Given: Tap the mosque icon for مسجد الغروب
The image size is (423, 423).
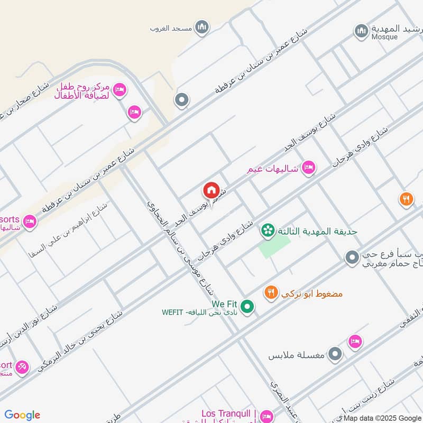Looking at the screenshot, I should point(201,27).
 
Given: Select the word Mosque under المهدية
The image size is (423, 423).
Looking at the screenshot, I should point(384,37).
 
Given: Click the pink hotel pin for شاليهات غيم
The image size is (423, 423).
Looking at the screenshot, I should point(308,169).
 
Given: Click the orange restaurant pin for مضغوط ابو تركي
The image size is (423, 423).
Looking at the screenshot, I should point(271,293).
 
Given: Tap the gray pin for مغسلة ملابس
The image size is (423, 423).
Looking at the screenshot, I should point(334,354).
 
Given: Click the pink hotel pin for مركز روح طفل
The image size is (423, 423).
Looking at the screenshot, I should point(119,90).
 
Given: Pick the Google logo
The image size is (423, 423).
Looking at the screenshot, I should point(22,415).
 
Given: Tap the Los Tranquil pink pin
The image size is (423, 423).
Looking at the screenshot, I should point(266,416).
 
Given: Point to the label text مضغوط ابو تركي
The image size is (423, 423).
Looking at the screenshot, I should point(313,293).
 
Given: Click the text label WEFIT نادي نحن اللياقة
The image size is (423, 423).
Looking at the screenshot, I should point(201,313).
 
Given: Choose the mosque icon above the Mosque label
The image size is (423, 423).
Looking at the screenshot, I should point(361,31).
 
